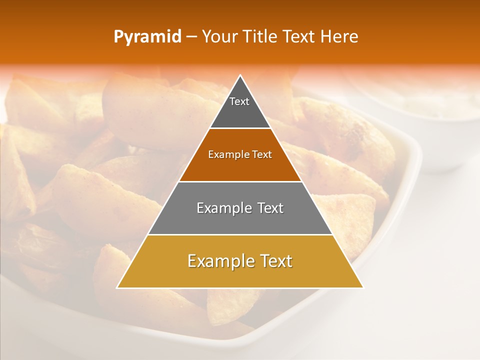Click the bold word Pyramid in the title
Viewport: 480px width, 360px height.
pos(147,36)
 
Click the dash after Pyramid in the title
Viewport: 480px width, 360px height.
pos(191,36)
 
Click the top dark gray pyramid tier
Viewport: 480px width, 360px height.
pos(240,112)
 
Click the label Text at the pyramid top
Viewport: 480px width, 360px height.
pos(239,101)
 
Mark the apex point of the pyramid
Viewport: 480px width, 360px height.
pos(240,75)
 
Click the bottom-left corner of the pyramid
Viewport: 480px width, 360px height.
pos(117,287)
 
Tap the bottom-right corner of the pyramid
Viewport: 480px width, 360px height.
pos(363,287)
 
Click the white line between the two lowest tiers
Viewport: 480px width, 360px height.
pos(240,234)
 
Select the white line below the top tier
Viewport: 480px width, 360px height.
pos(240,128)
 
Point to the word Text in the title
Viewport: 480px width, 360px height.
pos(300,36)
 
